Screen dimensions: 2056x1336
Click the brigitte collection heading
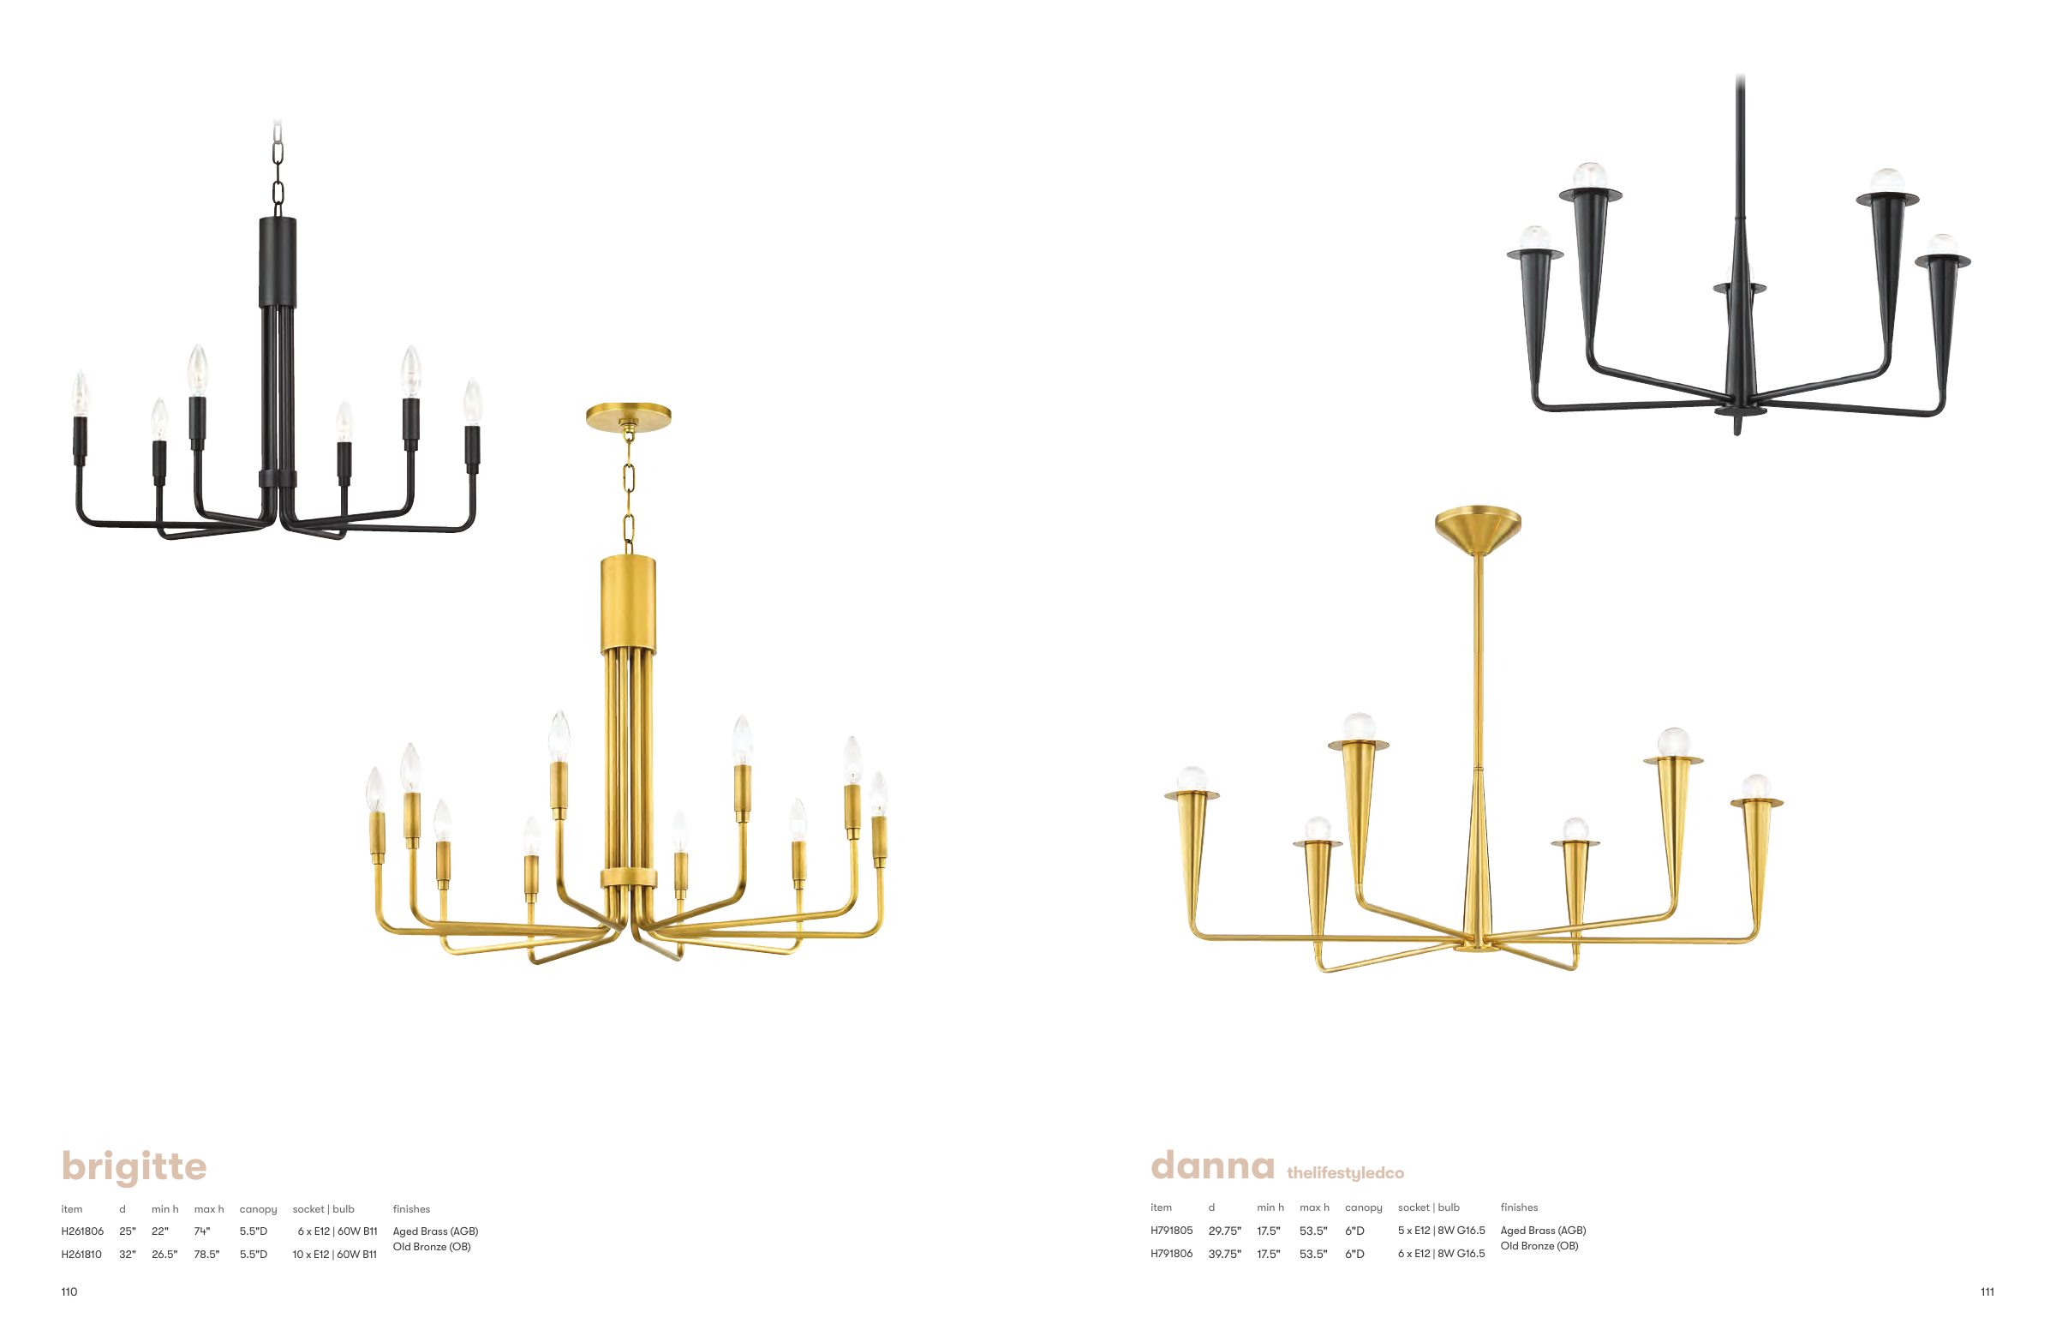(134, 1167)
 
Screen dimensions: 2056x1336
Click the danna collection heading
(1212, 1165)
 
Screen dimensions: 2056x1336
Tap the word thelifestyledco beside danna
(1345, 1172)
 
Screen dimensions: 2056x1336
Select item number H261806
(82, 1231)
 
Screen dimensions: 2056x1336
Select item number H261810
(82, 1254)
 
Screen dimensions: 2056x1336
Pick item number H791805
(1171, 1231)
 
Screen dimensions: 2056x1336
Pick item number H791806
(1171, 1253)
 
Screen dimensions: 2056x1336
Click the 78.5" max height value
(206, 1254)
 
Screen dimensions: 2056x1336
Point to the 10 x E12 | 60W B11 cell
(335, 1254)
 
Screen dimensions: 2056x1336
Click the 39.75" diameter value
(1225, 1253)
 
